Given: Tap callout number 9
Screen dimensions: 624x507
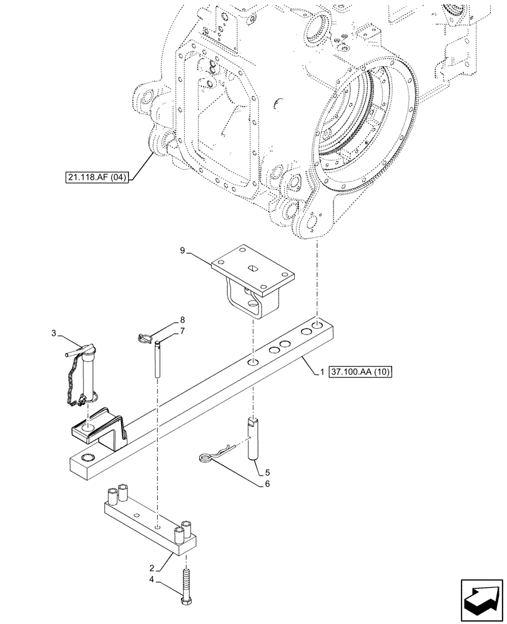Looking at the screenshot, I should (x=183, y=251).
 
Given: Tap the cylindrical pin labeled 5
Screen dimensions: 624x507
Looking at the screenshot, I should (x=253, y=439).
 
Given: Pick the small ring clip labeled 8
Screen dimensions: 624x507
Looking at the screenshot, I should (x=144, y=338).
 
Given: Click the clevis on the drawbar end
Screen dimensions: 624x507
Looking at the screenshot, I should (x=100, y=431).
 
